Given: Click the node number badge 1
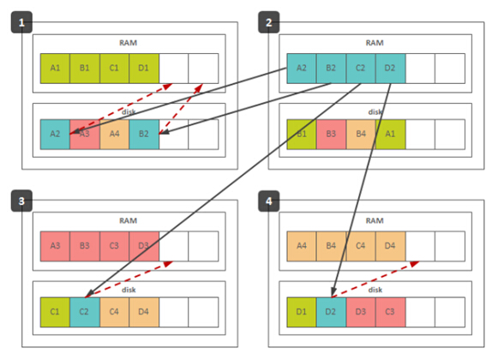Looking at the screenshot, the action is pos(21,22).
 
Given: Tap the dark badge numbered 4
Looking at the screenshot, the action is pos(268,201).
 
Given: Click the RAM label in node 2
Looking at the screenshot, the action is pos(375,43).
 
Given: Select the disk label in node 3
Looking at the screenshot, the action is pos(129,290).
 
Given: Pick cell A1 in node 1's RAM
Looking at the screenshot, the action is pos(55,69).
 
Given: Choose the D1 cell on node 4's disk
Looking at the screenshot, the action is pos(302,312).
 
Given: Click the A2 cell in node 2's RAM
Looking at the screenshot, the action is pos(302,69).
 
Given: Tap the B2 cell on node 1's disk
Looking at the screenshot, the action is pos(144,134).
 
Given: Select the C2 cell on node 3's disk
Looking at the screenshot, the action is pos(85,312).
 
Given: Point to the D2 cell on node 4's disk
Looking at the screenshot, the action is pos(331,312).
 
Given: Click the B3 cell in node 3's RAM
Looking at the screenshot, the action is pos(85,246).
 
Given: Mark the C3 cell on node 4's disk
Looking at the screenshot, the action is pos(390,312).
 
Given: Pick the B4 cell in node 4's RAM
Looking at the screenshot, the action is pos(331,246).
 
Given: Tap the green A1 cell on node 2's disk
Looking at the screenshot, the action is pos(390,134).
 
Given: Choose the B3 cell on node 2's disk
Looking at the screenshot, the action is pos(331,134).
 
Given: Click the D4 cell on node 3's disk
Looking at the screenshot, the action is pos(144,312).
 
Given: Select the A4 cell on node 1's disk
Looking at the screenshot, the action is pos(114,134).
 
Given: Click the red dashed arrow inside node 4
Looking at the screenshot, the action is pos(375,279).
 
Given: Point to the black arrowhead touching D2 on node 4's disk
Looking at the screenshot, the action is pos(333,291).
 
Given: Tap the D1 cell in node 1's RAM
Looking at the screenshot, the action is pos(144,69).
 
